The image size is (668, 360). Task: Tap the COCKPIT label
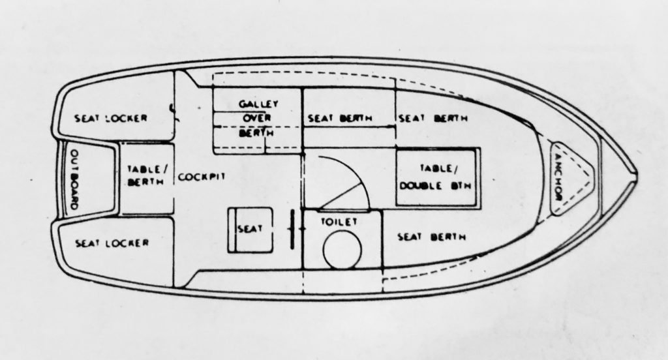pyautogui.click(x=201, y=177)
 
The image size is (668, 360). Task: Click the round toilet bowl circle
pyautogui.click(x=342, y=250)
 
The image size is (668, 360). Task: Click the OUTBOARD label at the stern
pyautogui.click(x=73, y=179)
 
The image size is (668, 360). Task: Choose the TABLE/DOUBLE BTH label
pyautogui.click(x=436, y=177)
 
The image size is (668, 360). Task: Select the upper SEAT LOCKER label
pyautogui.click(x=111, y=118)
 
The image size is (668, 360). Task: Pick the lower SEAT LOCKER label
pyautogui.click(x=112, y=243)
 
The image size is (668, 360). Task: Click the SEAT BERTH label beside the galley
pyautogui.click(x=340, y=119)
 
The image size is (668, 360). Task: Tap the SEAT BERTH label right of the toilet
pyautogui.click(x=432, y=237)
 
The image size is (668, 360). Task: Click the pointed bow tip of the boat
pyautogui.click(x=637, y=175)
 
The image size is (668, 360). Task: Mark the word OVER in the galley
pyautogui.click(x=257, y=118)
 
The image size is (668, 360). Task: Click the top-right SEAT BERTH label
pyautogui.click(x=433, y=118)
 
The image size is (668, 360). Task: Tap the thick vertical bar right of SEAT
pyautogui.click(x=293, y=229)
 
